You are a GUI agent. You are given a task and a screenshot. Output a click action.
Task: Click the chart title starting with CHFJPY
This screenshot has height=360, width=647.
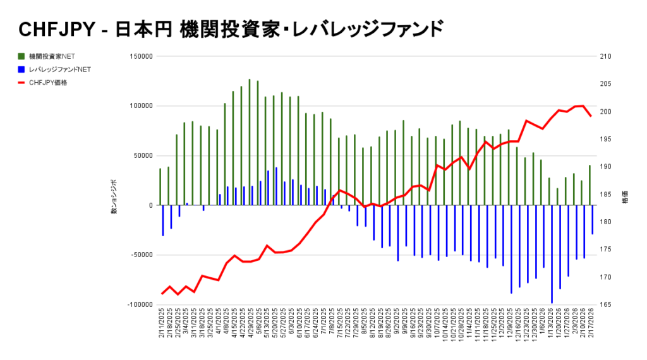click(231, 29)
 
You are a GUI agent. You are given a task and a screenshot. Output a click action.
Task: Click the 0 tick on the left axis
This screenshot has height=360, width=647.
click(150, 205)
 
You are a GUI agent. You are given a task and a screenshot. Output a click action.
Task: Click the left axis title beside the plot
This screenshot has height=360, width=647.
click(114, 197)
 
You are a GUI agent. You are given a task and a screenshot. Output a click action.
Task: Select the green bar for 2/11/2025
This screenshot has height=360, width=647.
click(160, 187)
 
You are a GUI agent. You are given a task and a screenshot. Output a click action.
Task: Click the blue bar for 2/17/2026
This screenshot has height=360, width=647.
click(593, 220)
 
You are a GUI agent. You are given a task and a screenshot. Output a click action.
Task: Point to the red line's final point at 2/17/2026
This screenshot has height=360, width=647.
click(590, 116)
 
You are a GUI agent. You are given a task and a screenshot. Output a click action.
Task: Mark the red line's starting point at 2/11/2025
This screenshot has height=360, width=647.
click(162, 294)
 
